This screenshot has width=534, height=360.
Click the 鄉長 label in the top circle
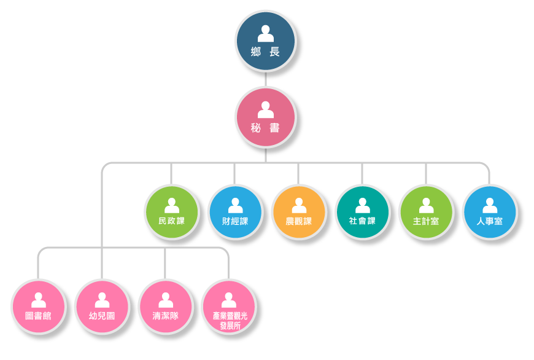[x=265, y=52]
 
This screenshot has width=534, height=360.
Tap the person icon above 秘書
[x=266, y=110]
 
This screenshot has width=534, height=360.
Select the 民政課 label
[x=171, y=221]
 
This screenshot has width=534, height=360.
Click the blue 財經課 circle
[x=235, y=212]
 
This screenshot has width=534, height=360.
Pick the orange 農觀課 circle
[x=299, y=212]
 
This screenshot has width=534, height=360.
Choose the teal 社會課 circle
[x=362, y=212]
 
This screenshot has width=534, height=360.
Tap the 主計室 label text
[x=426, y=221]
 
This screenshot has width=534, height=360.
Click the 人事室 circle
[x=490, y=212]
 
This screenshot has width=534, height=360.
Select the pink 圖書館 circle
[x=38, y=307]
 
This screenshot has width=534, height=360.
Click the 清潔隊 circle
[x=165, y=307]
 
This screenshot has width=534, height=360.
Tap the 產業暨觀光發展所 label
[x=229, y=320]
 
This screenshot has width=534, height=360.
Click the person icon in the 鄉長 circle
[x=266, y=33]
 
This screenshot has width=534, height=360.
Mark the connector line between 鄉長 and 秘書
[x=265, y=79]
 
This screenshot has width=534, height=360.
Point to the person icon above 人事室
[x=490, y=205]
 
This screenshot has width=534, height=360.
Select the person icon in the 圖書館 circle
[x=39, y=300]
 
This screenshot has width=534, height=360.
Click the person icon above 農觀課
[x=299, y=205]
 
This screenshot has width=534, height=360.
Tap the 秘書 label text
[x=265, y=128]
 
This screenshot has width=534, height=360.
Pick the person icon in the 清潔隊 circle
[x=166, y=300]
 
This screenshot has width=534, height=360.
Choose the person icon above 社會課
[x=363, y=205]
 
